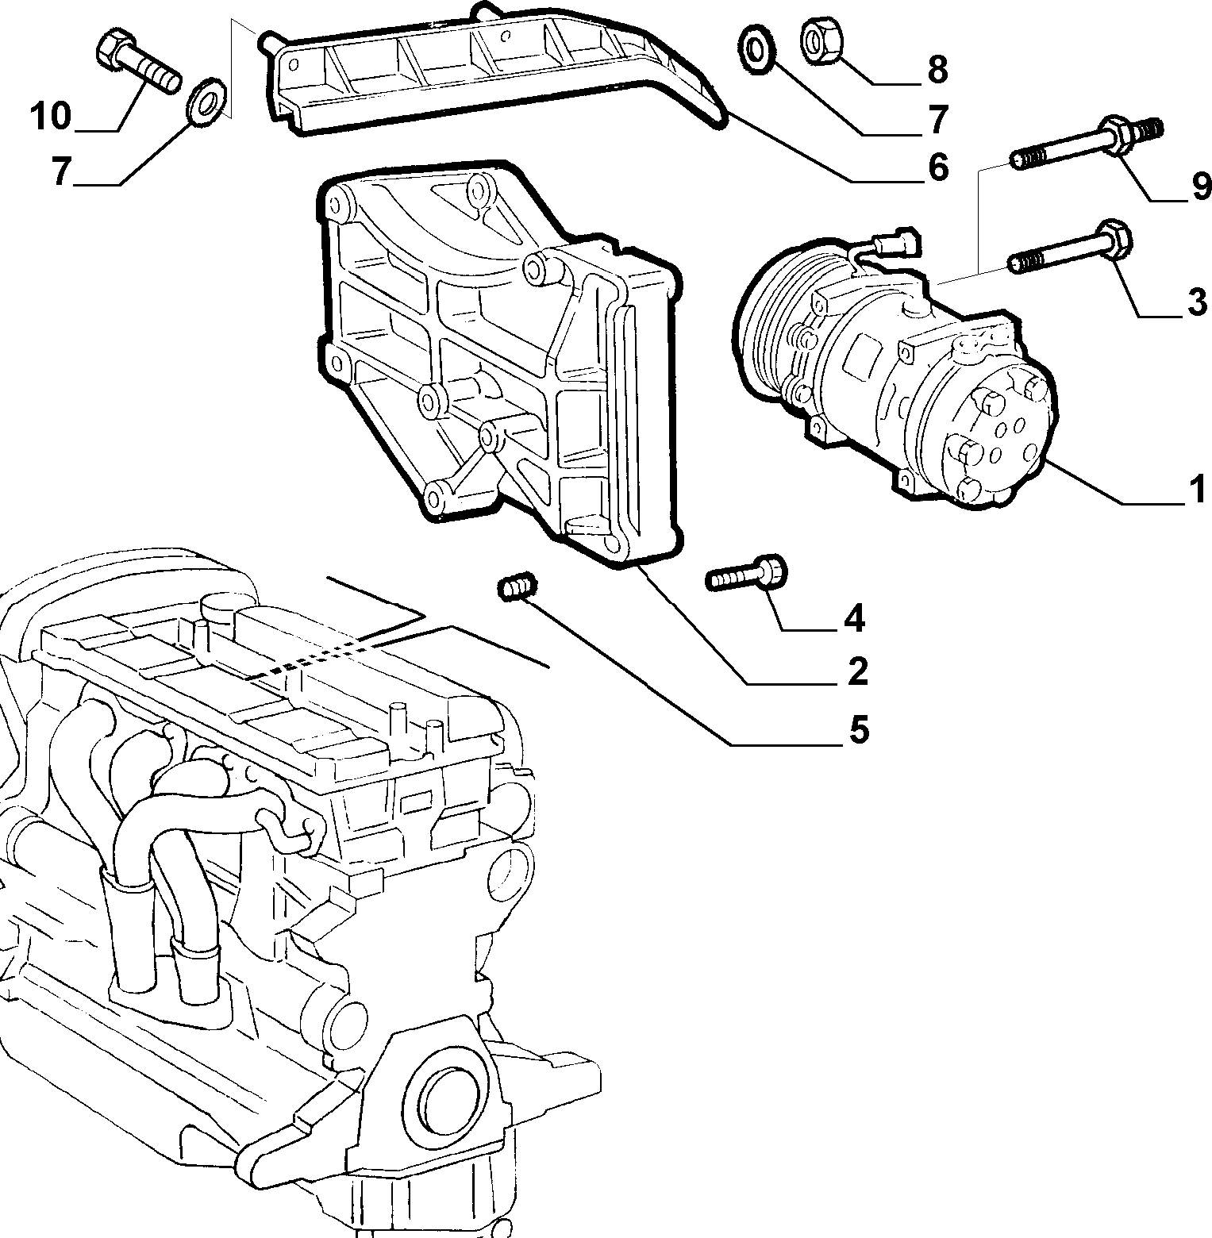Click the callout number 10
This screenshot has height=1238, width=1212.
[50, 117]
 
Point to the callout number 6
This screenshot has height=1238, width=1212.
[937, 167]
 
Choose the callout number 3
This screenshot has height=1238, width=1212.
[1197, 302]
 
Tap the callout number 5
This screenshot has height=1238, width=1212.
[859, 729]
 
